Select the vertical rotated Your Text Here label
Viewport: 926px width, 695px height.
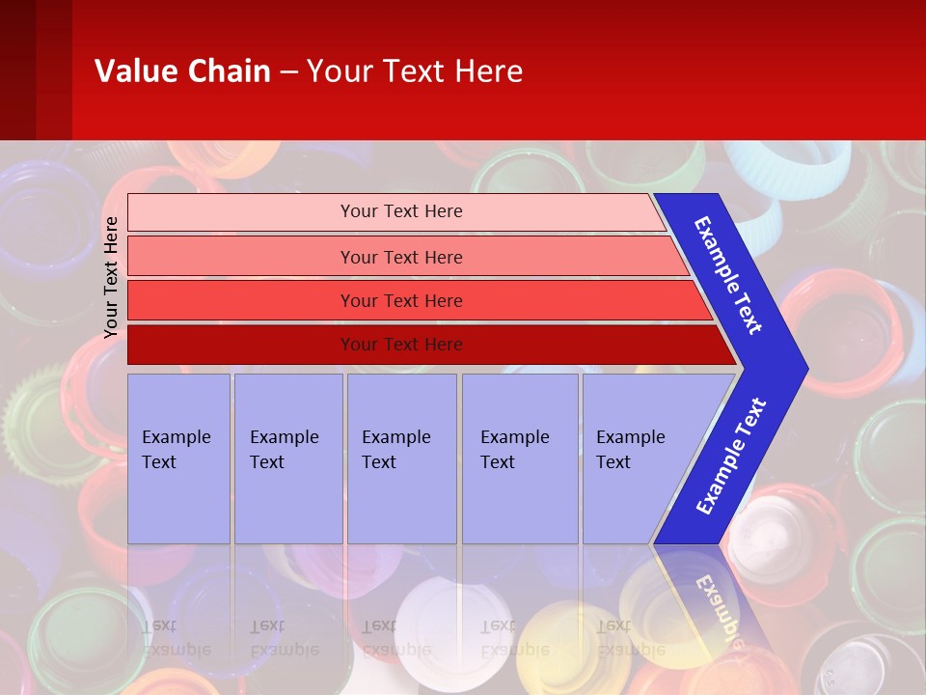pos(111,277)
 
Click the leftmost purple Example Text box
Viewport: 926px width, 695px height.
pos(178,459)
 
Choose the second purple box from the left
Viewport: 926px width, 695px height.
pos(287,459)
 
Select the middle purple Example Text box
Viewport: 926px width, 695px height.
pos(401,459)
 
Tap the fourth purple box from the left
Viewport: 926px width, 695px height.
pos(519,459)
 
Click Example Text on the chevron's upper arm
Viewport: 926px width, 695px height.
pos(728,275)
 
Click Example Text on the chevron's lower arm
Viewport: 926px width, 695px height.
pos(730,457)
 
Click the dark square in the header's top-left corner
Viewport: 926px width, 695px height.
pos(17,69)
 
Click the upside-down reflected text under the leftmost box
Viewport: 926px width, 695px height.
pos(177,637)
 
